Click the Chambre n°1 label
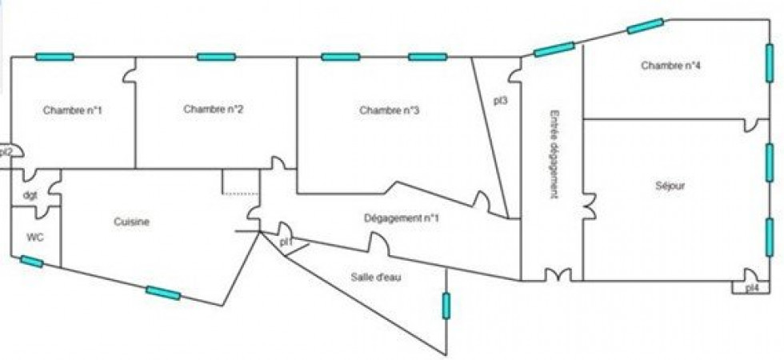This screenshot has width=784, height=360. point(72,110)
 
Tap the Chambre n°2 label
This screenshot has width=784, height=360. point(213,109)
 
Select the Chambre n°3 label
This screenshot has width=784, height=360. point(390,110)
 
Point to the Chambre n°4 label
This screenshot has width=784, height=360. point(671,66)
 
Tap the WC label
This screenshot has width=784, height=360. point(35,237)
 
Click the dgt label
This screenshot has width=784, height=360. point(30,195)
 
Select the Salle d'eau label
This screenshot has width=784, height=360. point(376,278)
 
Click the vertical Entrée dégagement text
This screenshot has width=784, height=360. point(554,154)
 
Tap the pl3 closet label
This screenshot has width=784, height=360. point(501,101)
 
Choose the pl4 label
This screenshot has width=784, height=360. point(752,288)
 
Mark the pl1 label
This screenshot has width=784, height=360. point(286,241)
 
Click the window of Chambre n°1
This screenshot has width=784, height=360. point(54,57)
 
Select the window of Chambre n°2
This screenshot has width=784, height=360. point(216,57)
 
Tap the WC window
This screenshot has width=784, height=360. point(31,261)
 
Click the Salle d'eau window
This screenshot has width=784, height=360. point(446,305)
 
